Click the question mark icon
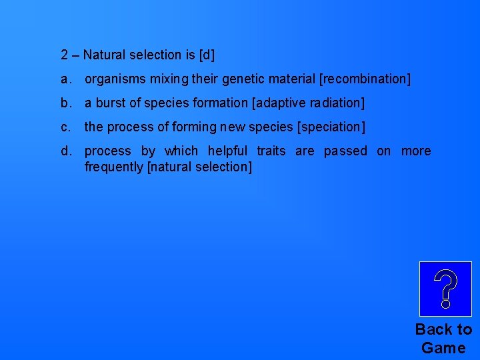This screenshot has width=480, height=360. [445, 289]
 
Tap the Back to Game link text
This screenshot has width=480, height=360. [443, 338]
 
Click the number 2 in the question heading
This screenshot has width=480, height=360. [64, 55]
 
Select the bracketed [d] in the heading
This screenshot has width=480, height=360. [207, 55]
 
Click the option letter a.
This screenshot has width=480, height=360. [65, 79]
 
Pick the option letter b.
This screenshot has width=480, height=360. [65, 103]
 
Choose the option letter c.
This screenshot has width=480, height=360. [65, 127]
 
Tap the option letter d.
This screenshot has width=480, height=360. [65, 151]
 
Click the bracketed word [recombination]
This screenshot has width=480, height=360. [365, 79]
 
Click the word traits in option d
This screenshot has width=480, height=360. [271, 151]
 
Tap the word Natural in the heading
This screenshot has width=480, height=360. [105, 55]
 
